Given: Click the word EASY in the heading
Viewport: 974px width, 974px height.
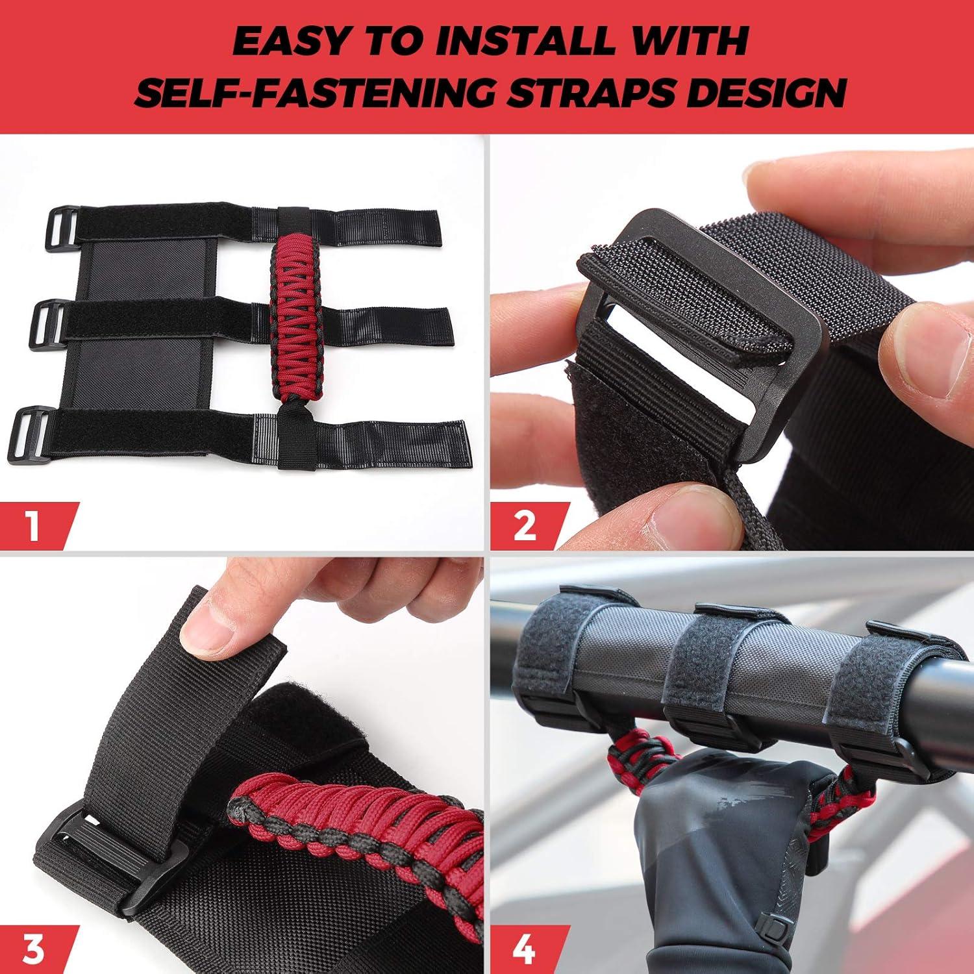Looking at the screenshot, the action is pyautogui.click(x=292, y=42).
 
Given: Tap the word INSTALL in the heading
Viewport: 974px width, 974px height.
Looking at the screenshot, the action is pyautogui.click(x=525, y=42).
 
